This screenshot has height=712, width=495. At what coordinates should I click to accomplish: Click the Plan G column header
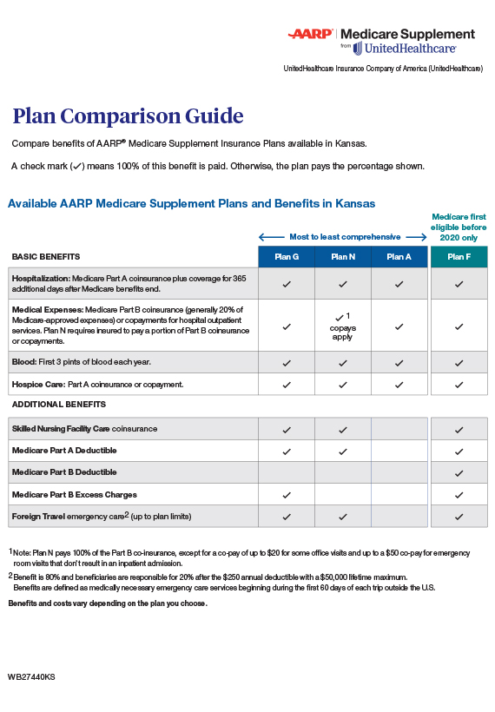[x=287, y=257]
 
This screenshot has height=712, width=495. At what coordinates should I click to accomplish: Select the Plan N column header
[x=343, y=257]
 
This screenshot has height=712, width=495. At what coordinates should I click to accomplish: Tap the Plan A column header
[x=399, y=257]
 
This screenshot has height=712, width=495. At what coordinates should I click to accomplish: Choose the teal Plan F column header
[x=459, y=257]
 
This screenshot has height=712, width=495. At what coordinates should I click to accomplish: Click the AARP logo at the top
[x=311, y=35]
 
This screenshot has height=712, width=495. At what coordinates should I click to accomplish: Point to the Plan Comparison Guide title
[x=128, y=116]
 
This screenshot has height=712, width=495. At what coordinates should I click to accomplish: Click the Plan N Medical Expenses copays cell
[x=343, y=326]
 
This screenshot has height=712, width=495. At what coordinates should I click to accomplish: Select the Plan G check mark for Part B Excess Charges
[x=287, y=495]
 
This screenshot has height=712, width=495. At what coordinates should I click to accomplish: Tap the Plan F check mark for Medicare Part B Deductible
[x=459, y=473]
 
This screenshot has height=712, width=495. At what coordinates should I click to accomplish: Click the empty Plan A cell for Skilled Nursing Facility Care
[x=399, y=430]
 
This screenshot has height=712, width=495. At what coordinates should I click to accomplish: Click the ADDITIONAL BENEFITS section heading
[x=58, y=405]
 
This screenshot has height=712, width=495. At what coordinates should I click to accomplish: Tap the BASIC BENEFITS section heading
[x=45, y=257]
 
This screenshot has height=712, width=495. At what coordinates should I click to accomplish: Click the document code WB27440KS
[x=31, y=676]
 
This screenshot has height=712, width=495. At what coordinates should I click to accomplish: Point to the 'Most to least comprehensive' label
[x=345, y=236]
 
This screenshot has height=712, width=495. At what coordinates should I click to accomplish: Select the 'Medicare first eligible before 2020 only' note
[x=459, y=226]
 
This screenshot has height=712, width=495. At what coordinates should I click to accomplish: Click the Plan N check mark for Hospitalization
[x=343, y=284]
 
